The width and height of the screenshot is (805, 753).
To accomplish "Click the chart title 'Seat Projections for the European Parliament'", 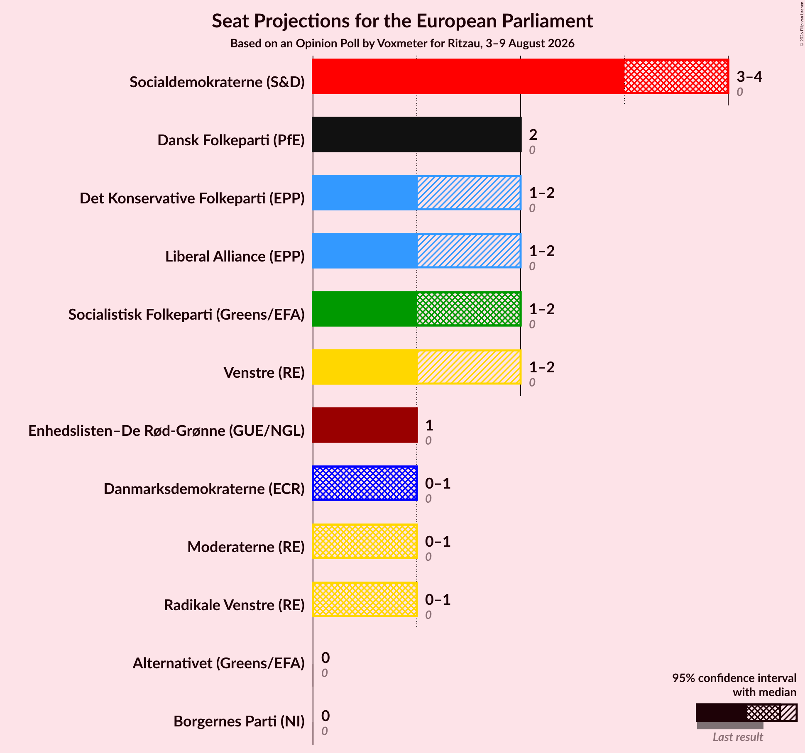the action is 402,21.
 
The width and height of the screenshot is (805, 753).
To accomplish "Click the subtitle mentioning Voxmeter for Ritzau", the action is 402,44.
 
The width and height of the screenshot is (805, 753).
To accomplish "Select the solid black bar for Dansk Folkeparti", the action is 416,134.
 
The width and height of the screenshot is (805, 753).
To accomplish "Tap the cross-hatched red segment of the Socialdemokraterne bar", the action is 676,76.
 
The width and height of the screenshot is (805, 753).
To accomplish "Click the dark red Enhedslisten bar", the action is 365,425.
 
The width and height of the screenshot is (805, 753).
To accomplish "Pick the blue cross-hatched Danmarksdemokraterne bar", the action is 365,483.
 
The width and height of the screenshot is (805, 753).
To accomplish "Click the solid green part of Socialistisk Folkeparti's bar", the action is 365,309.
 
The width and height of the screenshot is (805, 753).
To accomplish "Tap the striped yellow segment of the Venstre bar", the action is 469,367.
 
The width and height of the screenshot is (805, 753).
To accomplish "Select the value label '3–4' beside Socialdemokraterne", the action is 749,76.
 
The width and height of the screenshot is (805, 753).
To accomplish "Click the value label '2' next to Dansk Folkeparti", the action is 533,134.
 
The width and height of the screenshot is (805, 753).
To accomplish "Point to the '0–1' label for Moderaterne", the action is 438,541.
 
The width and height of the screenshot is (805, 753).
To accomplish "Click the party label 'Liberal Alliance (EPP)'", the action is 235,257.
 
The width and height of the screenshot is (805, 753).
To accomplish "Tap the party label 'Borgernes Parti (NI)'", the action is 239,721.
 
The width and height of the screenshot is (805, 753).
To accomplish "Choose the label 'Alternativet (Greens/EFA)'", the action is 219,663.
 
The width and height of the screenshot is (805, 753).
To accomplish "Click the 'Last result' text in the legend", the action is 738,737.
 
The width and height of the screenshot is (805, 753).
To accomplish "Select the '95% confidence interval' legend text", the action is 734,678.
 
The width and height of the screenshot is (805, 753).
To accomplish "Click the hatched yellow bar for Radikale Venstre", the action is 365,599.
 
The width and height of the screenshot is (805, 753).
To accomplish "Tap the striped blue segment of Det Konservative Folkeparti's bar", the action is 469,193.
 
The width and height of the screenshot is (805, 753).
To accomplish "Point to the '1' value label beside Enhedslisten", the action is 429,425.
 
